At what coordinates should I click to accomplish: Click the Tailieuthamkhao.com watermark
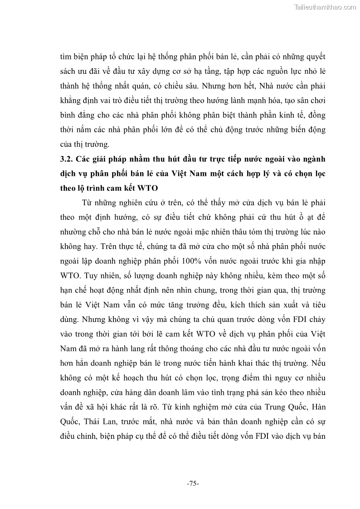pos(325,7)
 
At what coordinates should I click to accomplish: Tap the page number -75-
pos(193,484)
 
